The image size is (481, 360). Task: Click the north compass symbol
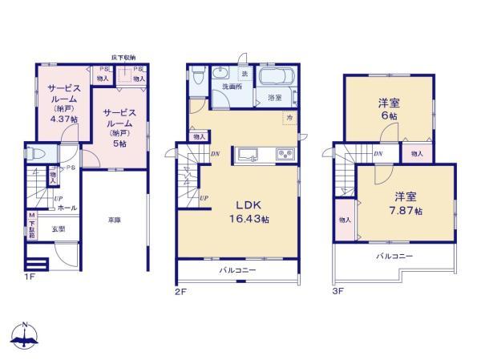pos(25,336)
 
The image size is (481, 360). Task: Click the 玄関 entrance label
pos(59,229)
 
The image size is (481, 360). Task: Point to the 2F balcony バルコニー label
pos(238,270)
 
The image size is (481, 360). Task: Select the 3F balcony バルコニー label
pos(394,256)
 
